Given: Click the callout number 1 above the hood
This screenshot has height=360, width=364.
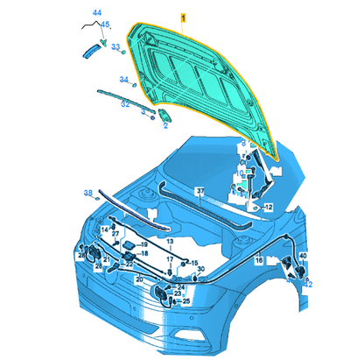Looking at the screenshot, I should (183, 18).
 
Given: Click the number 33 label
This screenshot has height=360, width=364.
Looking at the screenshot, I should (115, 47).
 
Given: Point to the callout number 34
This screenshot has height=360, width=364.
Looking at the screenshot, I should (123, 81).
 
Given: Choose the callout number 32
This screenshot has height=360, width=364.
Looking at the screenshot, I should (125, 103).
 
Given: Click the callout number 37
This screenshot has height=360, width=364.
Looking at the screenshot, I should (199, 191).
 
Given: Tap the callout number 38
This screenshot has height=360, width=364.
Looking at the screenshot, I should (87, 193).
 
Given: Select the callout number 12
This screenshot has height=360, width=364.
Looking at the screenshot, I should (269, 207).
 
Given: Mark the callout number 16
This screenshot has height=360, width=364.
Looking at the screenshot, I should (259, 260).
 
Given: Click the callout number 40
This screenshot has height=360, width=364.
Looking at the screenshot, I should (303, 255).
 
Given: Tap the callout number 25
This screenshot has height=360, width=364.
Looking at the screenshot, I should (185, 301).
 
